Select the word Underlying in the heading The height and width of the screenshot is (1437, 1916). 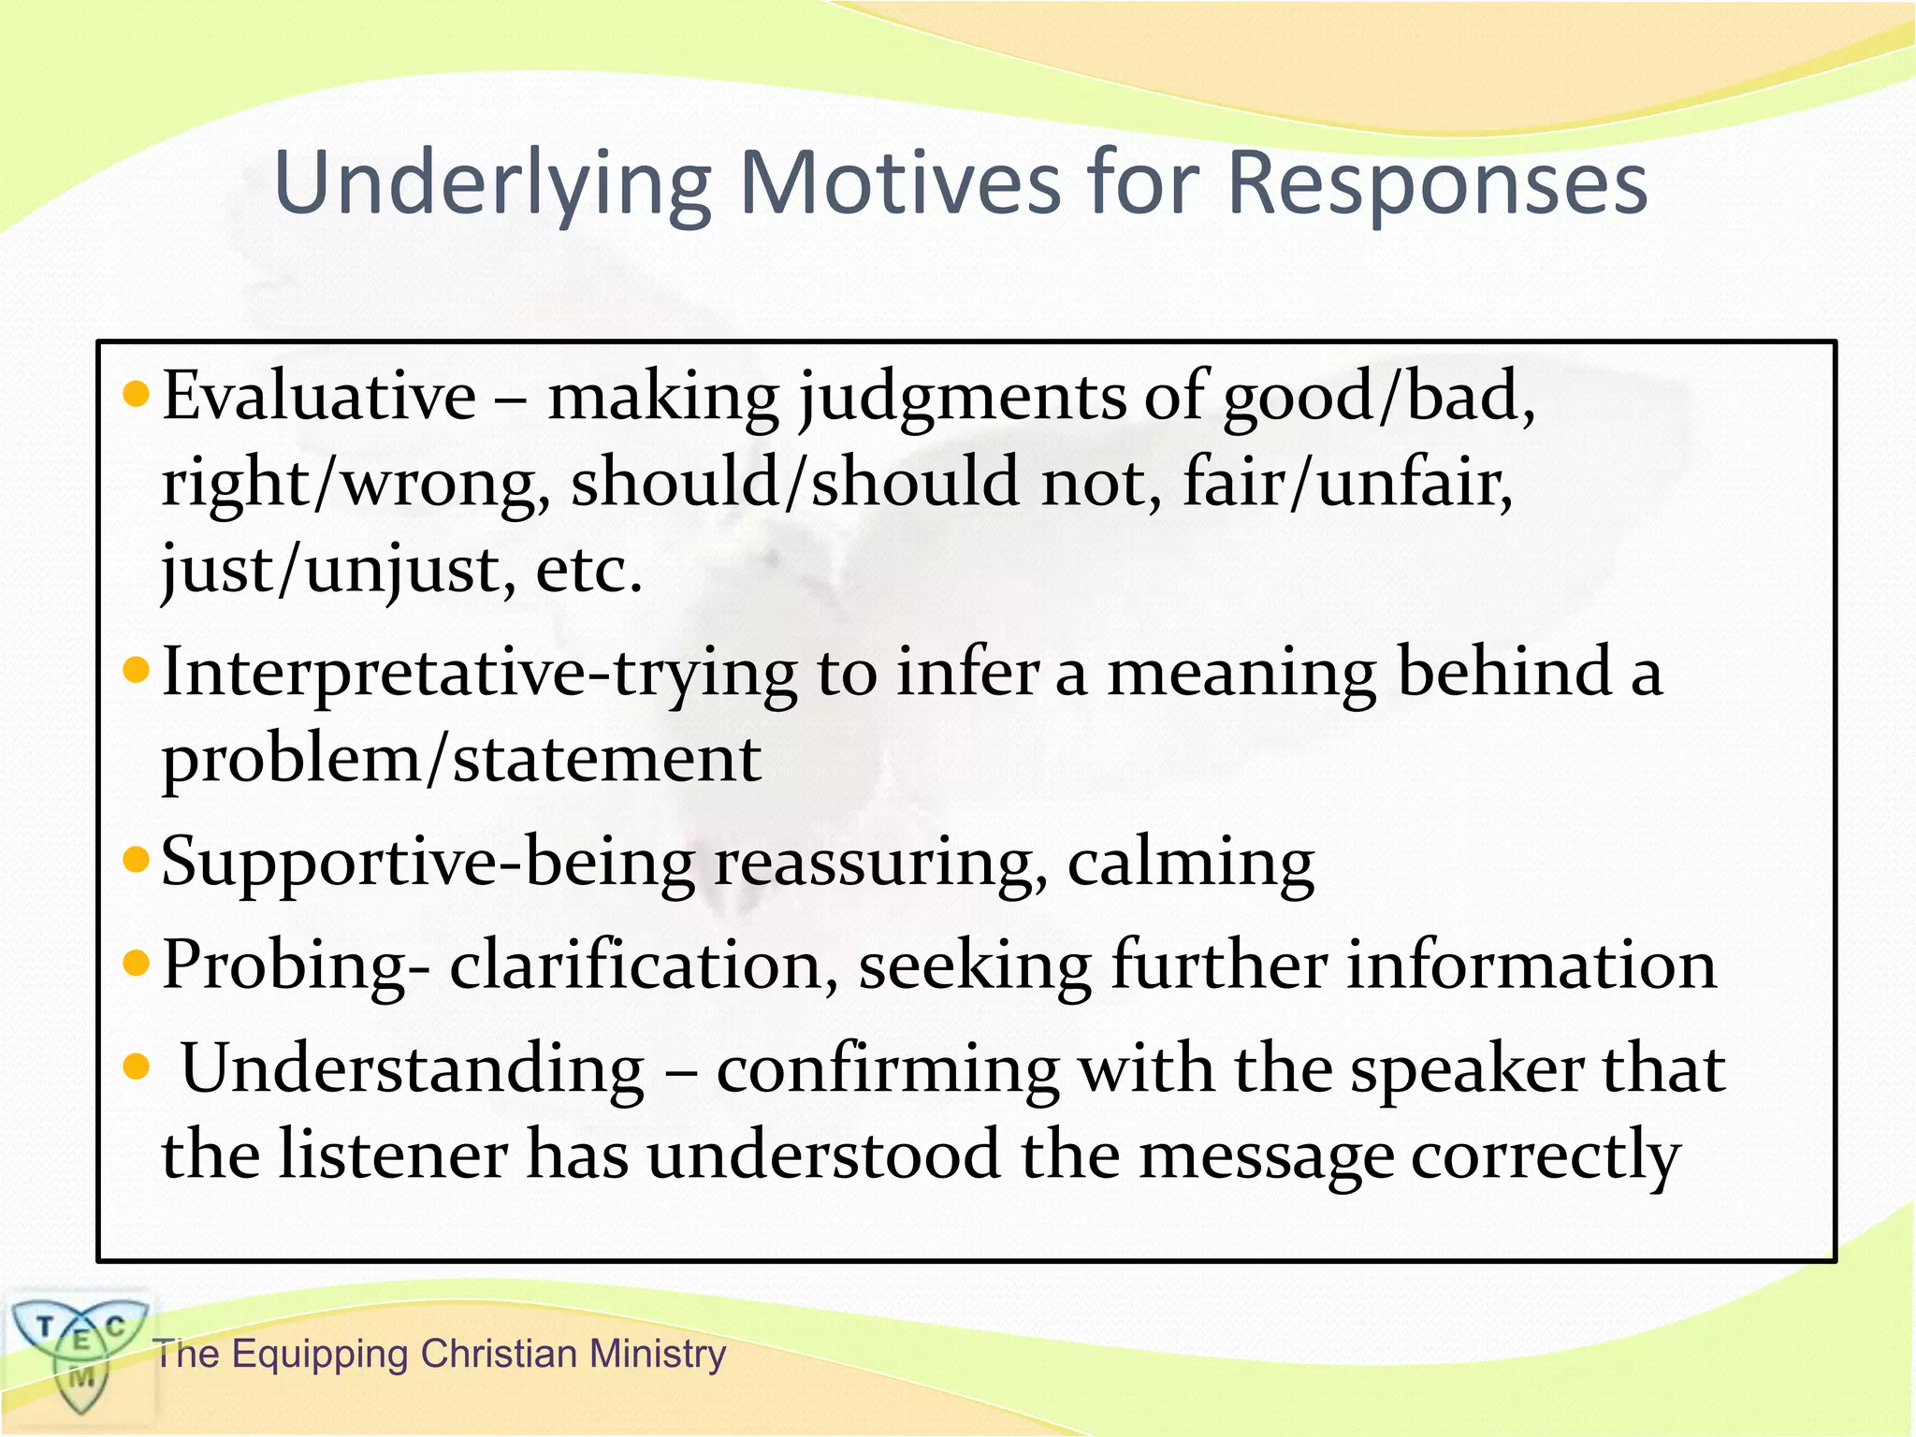point(492,184)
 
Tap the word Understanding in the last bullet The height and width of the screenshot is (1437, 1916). point(413,1068)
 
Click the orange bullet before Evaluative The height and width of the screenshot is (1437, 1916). point(137,395)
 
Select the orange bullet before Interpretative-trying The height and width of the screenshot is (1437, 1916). point(137,670)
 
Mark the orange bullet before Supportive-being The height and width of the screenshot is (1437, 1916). point(137,859)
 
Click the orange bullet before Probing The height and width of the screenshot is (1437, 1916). point(137,962)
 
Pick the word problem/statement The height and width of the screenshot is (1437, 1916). point(461,760)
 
